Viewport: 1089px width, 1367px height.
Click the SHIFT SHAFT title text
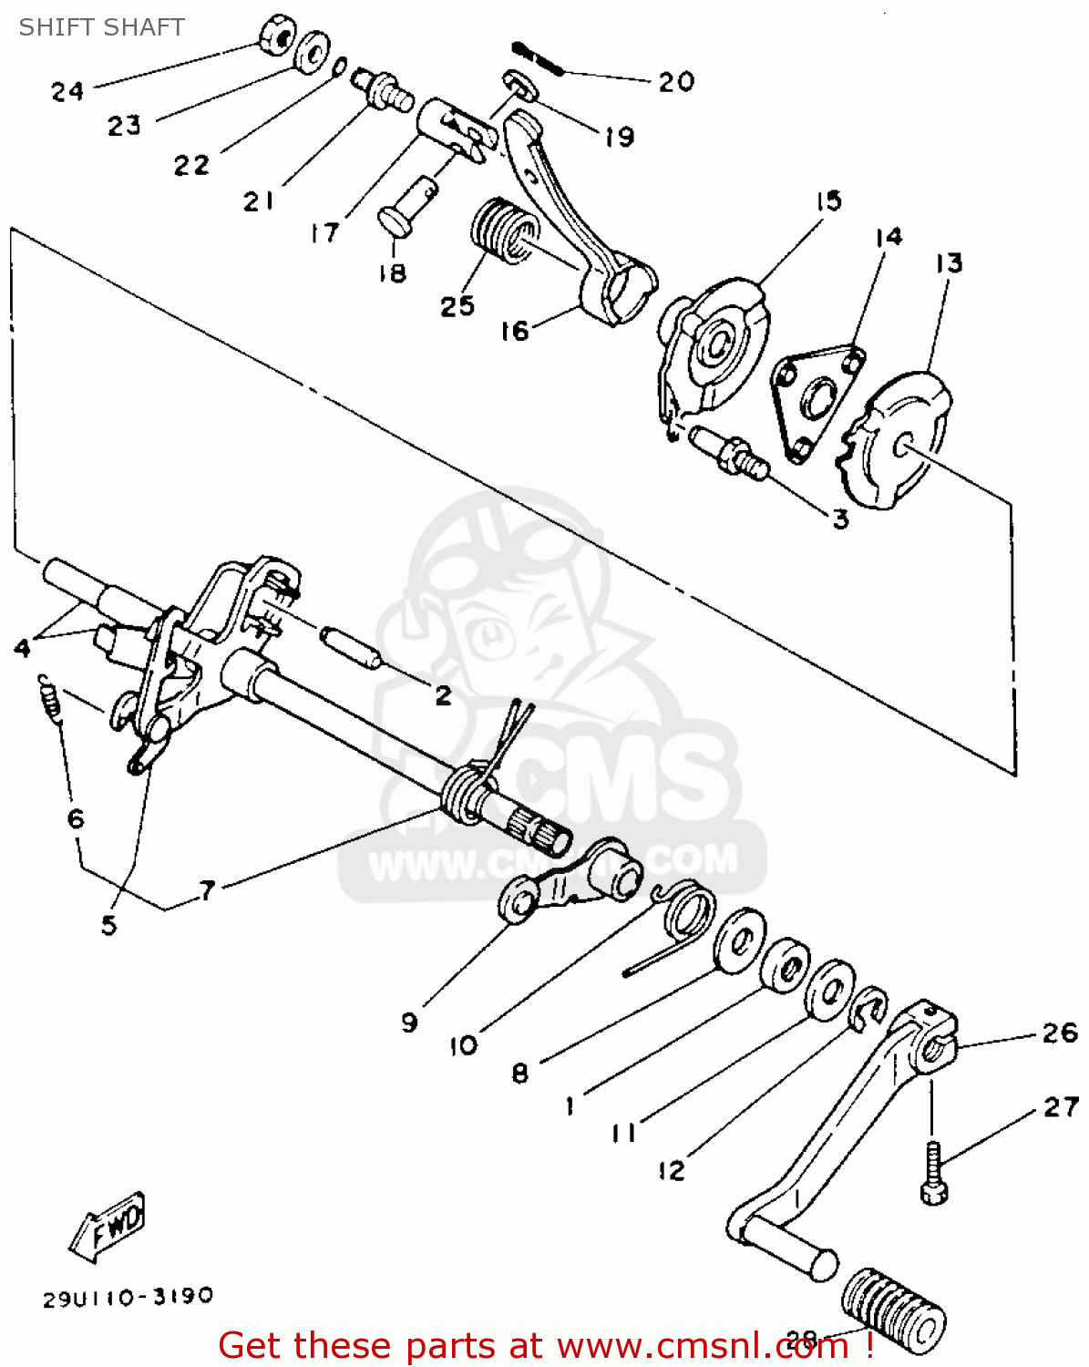101,27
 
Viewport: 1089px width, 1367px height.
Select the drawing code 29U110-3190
128,1296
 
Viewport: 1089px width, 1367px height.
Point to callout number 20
676,82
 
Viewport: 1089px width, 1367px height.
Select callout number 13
949,263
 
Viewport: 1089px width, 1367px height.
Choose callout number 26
1060,1033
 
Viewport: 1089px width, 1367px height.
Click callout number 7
208,889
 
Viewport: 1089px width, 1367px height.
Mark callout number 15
827,200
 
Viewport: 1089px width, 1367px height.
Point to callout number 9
409,1022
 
